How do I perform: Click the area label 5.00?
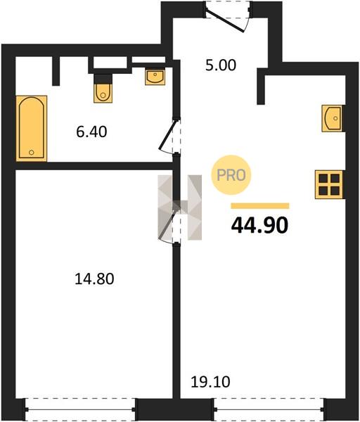pyautogui.click(x=221, y=65)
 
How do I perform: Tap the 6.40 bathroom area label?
pyautogui.click(x=91, y=132)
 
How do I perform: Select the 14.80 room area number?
pyautogui.click(x=94, y=279)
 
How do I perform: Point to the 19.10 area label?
pyautogui.click(x=210, y=382)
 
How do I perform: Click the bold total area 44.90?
pyautogui.click(x=259, y=225)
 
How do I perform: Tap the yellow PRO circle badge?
pyautogui.click(x=231, y=175)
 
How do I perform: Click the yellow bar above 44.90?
pyautogui.click(x=260, y=206)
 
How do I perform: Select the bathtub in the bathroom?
pyautogui.click(x=32, y=129)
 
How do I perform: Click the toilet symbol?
pyautogui.click(x=103, y=93)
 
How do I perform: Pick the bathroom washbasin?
pyautogui.click(x=155, y=77)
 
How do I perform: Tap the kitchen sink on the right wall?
pyautogui.click(x=333, y=118)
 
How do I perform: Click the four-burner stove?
pyautogui.click(x=329, y=184)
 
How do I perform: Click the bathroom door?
pyautogui.click(x=169, y=137)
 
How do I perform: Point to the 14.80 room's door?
pyautogui.click(x=169, y=225)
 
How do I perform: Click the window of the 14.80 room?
pyautogui.click(x=80, y=409)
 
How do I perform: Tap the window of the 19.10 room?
pyautogui.click(x=269, y=409)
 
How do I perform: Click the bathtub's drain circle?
pyautogui.click(x=32, y=153)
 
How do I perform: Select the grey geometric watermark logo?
pyautogui.click(x=180, y=207)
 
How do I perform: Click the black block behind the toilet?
pyautogui.click(x=103, y=79)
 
